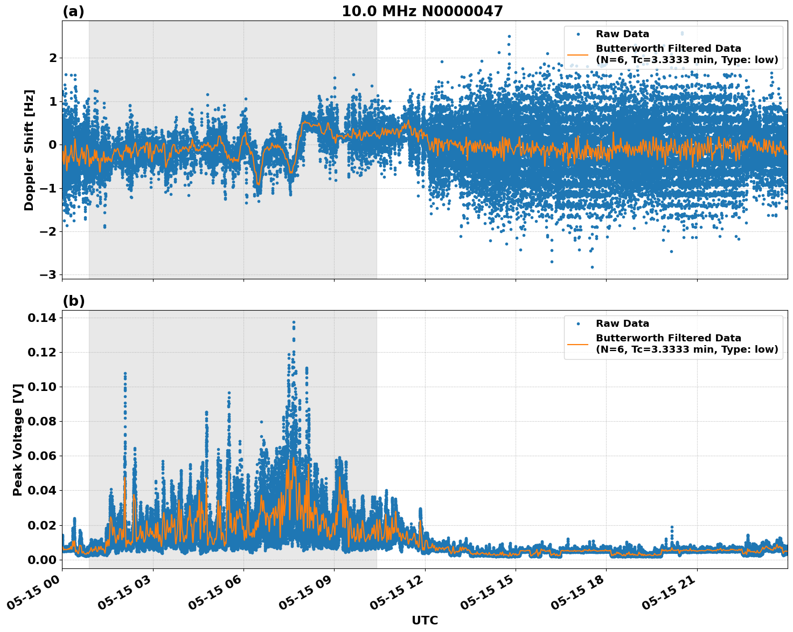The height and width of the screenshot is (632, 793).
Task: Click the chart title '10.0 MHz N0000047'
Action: pos(422,11)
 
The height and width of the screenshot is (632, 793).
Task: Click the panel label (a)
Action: pos(73,11)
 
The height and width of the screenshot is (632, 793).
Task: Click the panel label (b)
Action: pos(73,301)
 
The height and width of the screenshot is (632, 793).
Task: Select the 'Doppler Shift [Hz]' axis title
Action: pos(29,150)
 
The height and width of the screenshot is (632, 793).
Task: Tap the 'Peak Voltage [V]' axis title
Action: pos(18,439)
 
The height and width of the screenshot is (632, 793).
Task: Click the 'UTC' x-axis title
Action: pos(425,620)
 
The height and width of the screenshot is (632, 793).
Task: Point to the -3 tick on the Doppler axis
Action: pos(48,274)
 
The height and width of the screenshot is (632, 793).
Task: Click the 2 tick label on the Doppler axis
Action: pos(53,58)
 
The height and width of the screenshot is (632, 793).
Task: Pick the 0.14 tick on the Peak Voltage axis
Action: pos(41,318)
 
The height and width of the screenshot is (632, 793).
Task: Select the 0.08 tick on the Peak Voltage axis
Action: pos(41,421)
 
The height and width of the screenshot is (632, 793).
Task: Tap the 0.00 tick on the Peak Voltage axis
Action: pos(41,559)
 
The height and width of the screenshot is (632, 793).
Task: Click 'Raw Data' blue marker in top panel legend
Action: pos(578,34)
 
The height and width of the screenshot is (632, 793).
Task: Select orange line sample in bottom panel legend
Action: pos(578,344)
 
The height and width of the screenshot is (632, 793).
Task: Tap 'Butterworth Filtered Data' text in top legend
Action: pos(668,49)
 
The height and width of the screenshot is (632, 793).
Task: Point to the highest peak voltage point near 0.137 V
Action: pos(294,322)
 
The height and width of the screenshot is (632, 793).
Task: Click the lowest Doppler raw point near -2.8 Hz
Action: pos(592,267)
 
